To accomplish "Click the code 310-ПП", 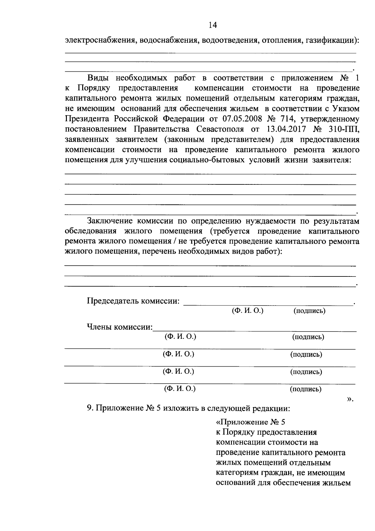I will pos(343,129).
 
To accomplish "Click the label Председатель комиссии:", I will pos(133,301).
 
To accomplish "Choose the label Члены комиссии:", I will pos(120,327).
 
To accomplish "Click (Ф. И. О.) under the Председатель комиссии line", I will pos(247,311).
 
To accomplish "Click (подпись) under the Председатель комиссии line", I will pos(309,311).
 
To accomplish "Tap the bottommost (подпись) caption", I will pos(306,389).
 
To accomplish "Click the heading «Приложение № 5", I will pos(251,422).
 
